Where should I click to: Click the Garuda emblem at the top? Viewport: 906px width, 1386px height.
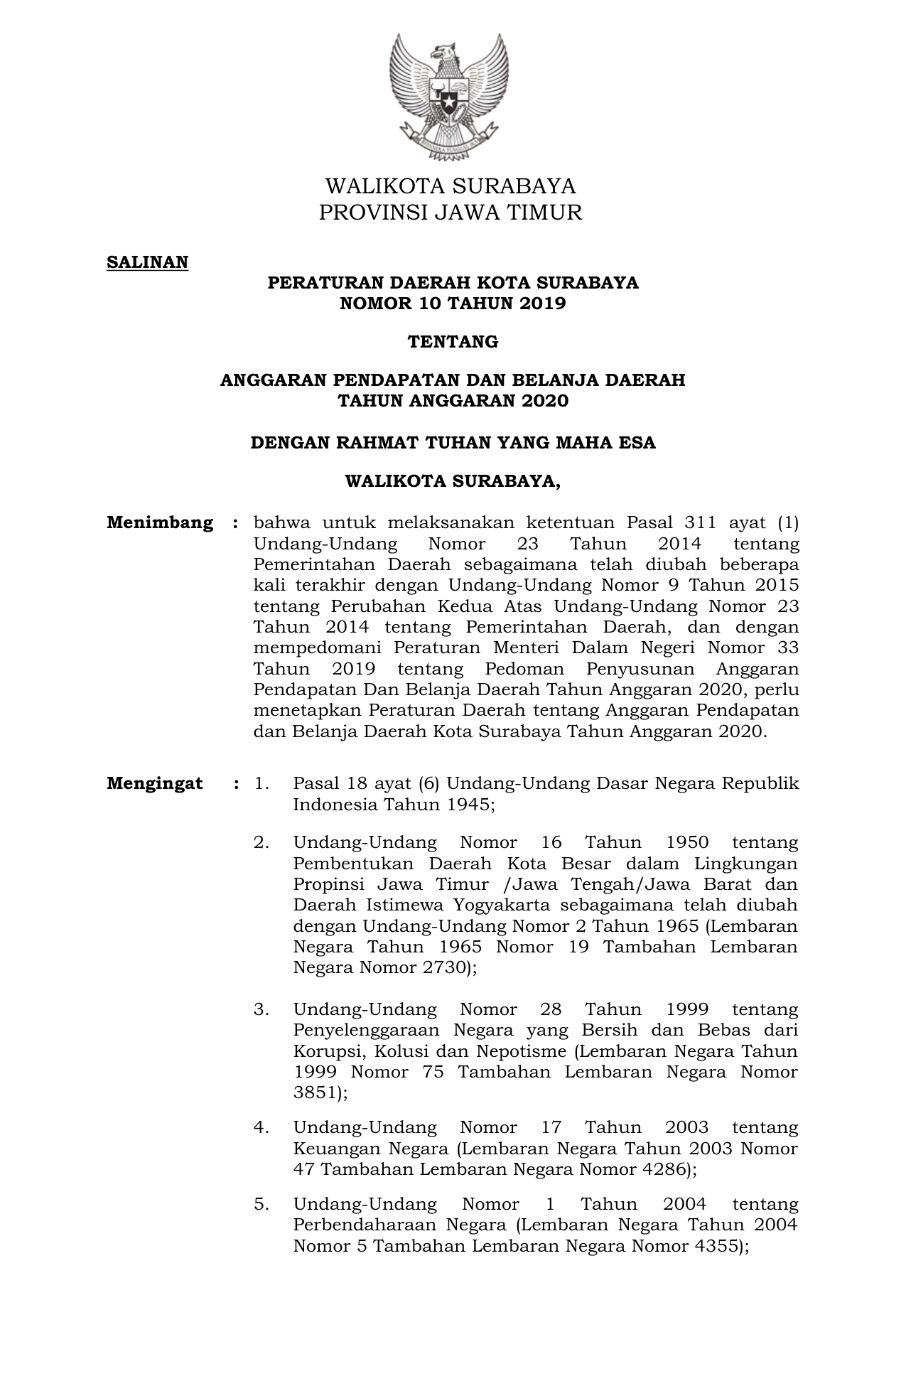(x=450, y=97)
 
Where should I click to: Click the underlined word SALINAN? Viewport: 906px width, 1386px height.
(x=147, y=262)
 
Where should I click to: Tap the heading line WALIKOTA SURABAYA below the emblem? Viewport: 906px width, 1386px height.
(x=451, y=186)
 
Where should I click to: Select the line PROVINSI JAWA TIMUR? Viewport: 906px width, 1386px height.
(x=451, y=213)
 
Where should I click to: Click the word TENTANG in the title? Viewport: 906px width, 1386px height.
(x=453, y=342)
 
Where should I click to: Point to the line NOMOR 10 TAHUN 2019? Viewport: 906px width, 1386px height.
(x=453, y=304)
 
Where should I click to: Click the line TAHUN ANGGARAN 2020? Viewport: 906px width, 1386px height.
(x=453, y=401)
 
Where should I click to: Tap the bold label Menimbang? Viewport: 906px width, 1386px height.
(x=160, y=523)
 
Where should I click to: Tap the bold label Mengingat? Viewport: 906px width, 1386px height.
(x=155, y=784)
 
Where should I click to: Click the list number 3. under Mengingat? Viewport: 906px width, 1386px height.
(x=261, y=1009)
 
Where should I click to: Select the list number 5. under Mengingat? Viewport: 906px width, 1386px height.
(x=261, y=1204)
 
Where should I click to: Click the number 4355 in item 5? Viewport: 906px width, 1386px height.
(x=713, y=1246)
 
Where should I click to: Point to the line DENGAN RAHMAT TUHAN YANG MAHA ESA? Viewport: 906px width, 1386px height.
(x=453, y=443)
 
